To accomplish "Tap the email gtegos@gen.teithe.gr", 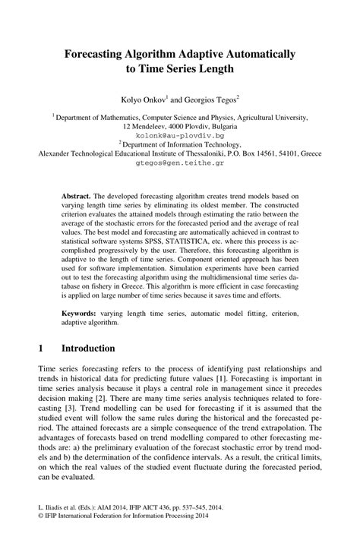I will (179, 162).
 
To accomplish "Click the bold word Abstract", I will (79, 195).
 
